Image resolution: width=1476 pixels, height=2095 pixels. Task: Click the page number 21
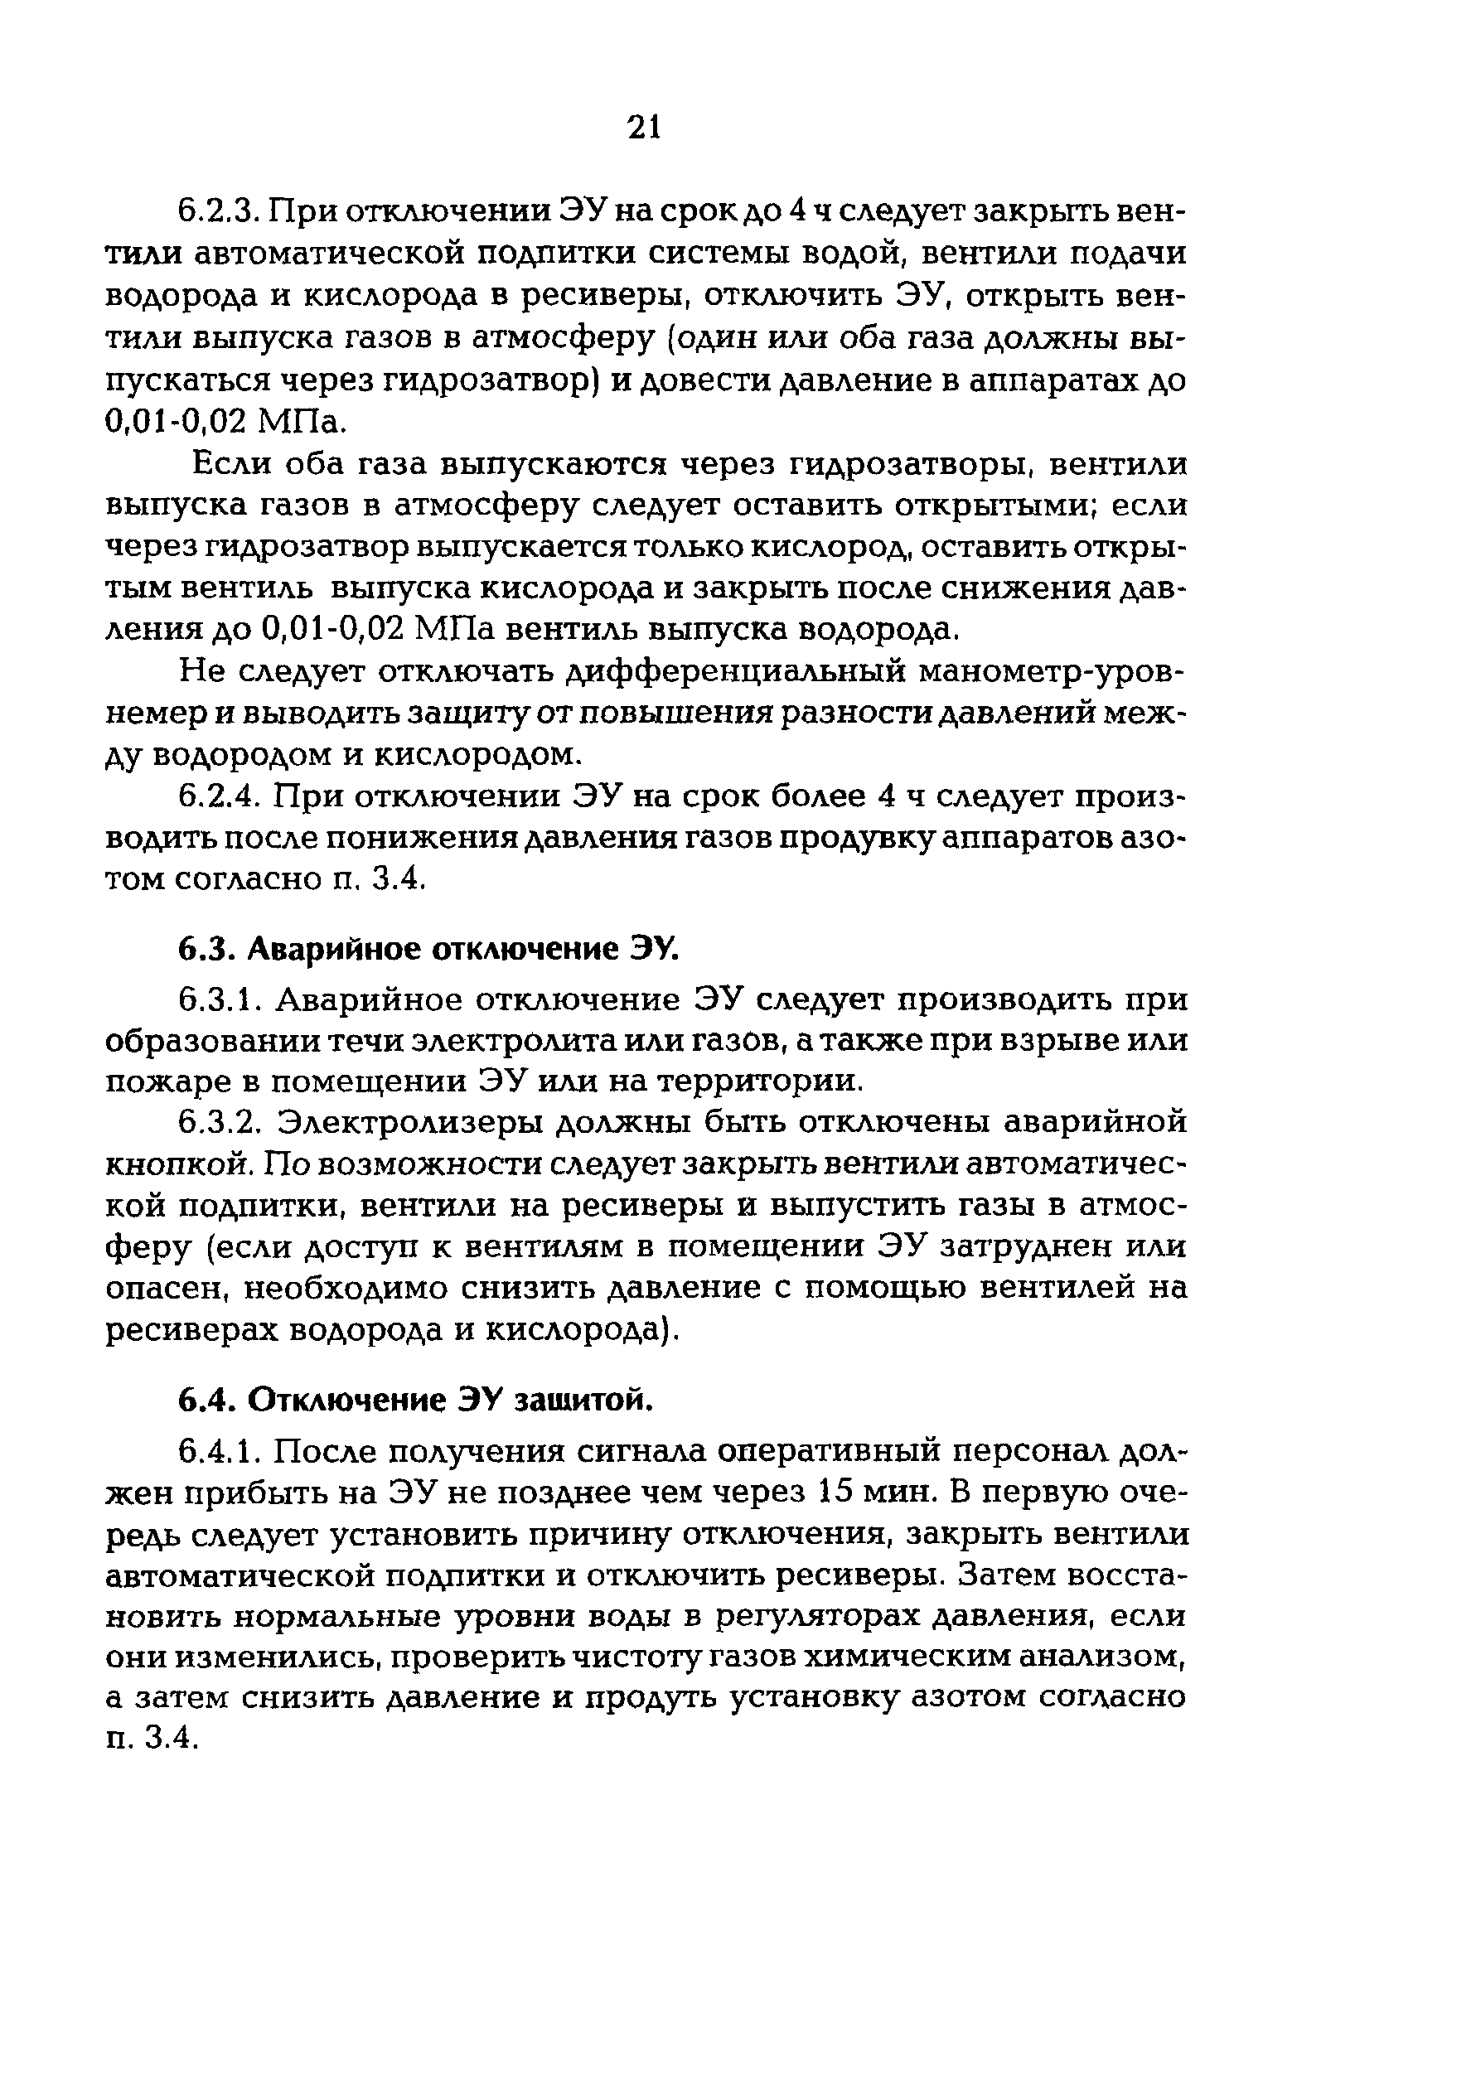(643, 128)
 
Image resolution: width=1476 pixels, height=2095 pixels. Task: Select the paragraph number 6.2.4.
(219, 796)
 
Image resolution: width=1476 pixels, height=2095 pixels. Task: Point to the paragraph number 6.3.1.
(219, 1000)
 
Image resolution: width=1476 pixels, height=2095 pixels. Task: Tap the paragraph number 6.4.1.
(219, 1450)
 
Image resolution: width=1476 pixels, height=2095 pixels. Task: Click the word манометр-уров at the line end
(1053, 672)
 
